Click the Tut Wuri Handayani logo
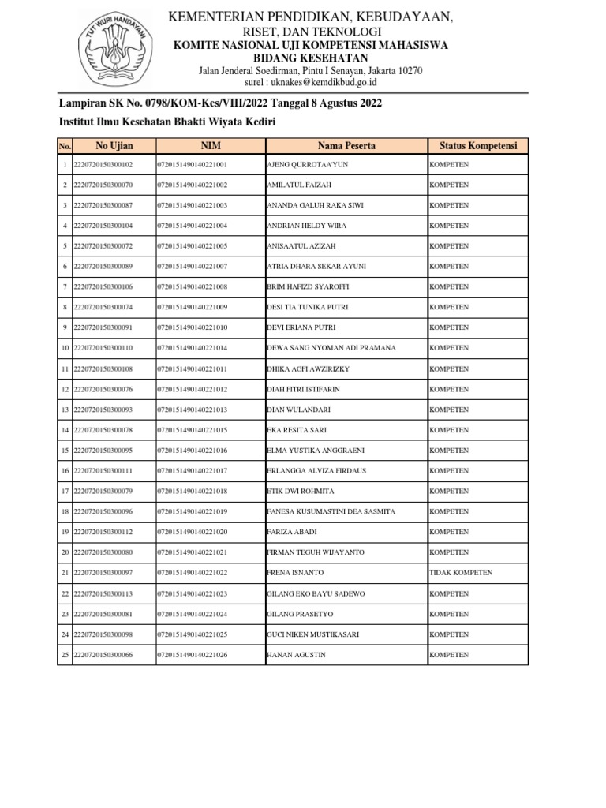(114, 52)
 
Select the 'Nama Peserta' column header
(346, 146)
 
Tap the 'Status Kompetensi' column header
(478, 146)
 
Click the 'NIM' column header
(210, 146)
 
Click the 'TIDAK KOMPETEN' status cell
(460, 573)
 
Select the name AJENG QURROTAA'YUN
(308, 164)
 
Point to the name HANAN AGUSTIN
(297, 655)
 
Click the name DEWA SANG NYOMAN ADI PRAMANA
(331, 348)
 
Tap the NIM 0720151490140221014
(192, 348)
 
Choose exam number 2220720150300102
(103, 164)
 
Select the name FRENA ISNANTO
(295, 573)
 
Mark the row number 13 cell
(65, 410)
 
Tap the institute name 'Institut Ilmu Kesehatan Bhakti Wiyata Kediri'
(168, 122)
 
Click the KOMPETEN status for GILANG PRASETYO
(448, 614)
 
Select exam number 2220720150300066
(103, 655)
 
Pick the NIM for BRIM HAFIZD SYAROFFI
(192, 286)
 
